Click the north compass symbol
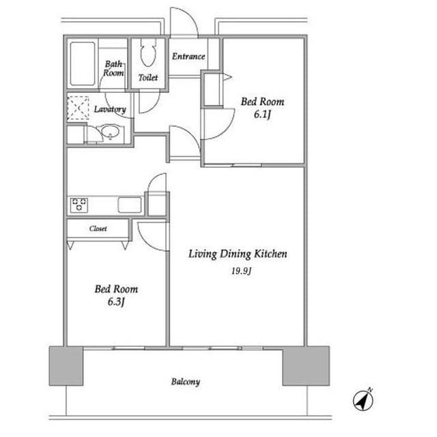click(x=363, y=400)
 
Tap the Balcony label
click(x=186, y=382)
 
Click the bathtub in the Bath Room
click(x=83, y=64)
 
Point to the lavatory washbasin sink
click(x=111, y=132)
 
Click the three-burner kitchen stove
click(x=79, y=205)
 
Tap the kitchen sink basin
click(x=130, y=205)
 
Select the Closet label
click(x=98, y=229)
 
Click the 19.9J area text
click(x=241, y=270)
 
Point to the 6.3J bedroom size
click(x=116, y=302)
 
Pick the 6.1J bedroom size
click(x=262, y=114)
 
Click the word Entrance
click(x=188, y=57)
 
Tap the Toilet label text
click(x=148, y=77)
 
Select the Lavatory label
click(x=110, y=109)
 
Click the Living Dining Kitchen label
click(x=238, y=254)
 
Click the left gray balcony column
click(x=66, y=366)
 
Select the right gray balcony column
click(x=306, y=366)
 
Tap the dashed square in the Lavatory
click(x=78, y=108)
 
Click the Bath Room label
click(x=113, y=68)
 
